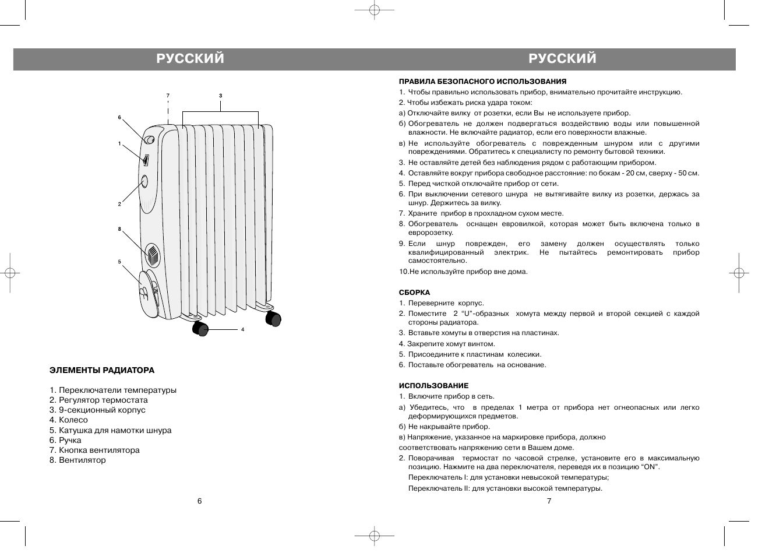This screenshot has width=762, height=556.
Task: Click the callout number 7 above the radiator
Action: [x=167, y=95]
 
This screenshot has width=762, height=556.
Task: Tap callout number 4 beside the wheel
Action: [x=242, y=330]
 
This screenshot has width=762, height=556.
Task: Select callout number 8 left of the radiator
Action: [x=119, y=230]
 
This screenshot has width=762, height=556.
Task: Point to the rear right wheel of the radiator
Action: [x=273, y=318]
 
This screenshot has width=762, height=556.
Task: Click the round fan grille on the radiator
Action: [x=153, y=255]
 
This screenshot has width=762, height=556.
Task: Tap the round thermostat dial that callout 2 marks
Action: [x=144, y=182]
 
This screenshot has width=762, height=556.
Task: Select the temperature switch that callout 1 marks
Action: [x=146, y=158]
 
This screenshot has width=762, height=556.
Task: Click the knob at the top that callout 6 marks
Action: [x=150, y=140]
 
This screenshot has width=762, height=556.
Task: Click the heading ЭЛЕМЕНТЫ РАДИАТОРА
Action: [x=102, y=370]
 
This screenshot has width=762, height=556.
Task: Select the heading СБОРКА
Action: [x=414, y=293]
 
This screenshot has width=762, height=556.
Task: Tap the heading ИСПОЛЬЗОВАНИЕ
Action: [x=433, y=386]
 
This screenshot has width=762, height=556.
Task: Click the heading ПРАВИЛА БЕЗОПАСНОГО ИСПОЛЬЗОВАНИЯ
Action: [x=482, y=82]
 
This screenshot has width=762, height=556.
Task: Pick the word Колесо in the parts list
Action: [x=73, y=420]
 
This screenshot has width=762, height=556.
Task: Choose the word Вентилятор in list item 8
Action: [x=83, y=460]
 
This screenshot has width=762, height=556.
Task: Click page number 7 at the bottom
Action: [x=549, y=501]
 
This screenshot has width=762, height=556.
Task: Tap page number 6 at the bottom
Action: [x=199, y=501]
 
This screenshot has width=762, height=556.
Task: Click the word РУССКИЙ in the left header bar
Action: [x=190, y=59]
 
